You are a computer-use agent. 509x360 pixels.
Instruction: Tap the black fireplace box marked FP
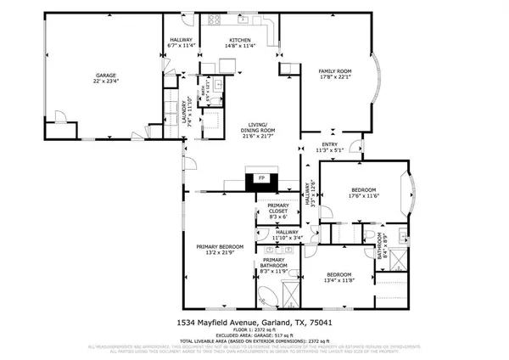point(255,179)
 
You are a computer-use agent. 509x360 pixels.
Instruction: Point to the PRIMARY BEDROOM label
point(221,246)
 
